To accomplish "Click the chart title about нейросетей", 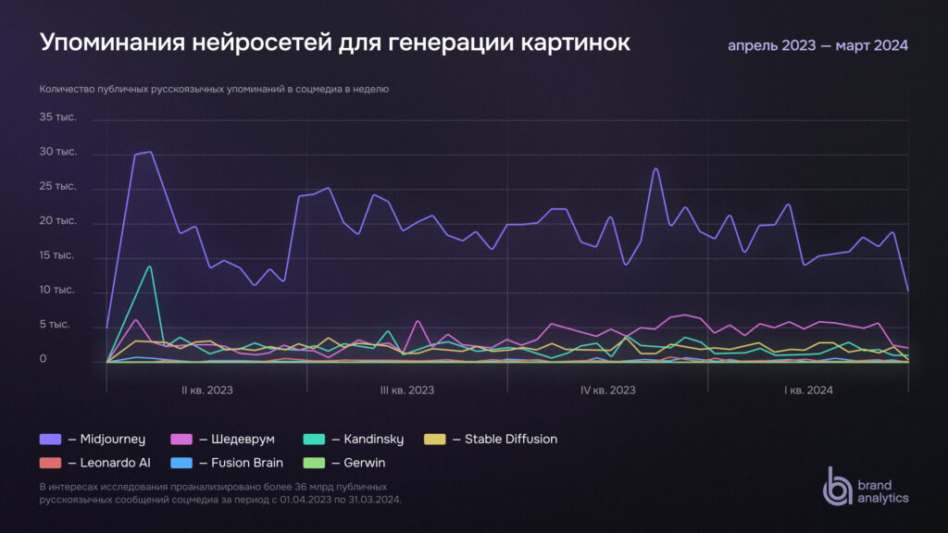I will coord(334,43).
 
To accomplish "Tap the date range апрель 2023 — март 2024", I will coord(817,45).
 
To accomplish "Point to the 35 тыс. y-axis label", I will coord(57,118).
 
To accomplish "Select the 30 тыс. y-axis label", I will coord(57,152).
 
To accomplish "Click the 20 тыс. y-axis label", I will coord(57,222).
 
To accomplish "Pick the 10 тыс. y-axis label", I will coord(57,291).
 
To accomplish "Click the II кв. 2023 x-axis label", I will coord(207,390).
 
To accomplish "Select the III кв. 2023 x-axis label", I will coord(407,390).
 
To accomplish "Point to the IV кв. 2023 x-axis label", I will coord(608,390).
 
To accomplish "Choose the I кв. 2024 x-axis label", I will coord(808,390).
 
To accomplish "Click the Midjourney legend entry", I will coord(87,440).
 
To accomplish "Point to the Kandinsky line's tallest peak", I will coord(149,266).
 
